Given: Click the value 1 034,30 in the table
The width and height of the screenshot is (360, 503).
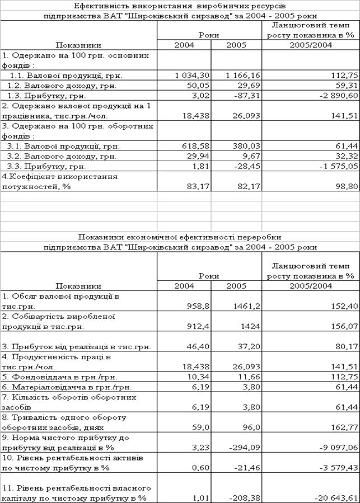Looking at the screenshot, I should (x=191, y=75).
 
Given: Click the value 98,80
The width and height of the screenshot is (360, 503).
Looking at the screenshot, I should (x=345, y=186).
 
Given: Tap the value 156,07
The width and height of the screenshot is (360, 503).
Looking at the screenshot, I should (x=343, y=327).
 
